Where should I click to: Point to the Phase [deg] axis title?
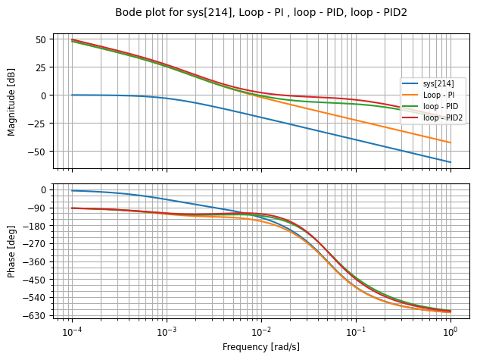coord(11,251)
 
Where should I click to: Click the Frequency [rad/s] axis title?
coord(261,346)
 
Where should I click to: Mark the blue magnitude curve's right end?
coord(451,162)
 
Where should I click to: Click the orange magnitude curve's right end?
coord(451,142)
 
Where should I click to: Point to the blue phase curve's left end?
coord(72,190)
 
